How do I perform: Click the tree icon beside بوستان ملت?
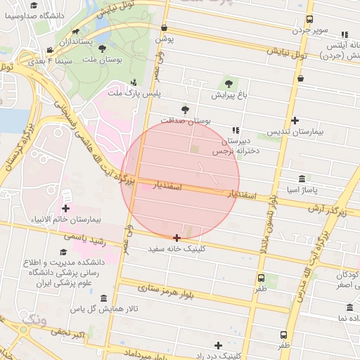point(103,49)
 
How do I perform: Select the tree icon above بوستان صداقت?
point(185,109)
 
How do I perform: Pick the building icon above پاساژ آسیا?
point(302,179)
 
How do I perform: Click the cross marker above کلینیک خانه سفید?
point(176,238)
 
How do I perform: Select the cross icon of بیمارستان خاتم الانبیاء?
point(66,208)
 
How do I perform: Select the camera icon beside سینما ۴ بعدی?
point(50,50)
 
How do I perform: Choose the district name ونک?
point(32,322)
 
